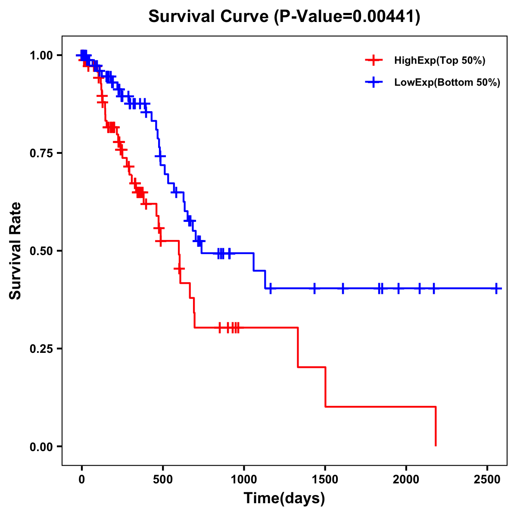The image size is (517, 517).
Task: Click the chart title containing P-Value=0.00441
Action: tap(284, 16)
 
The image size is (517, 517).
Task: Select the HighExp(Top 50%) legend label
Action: tap(439, 61)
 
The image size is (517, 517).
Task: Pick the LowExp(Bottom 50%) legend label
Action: tap(447, 83)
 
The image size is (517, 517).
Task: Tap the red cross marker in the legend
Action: tap(374, 60)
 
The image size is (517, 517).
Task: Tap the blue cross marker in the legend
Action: tap(374, 82)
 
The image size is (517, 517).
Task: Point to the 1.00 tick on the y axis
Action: tap(41, 56)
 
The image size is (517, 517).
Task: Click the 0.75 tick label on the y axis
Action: tap(41, 153)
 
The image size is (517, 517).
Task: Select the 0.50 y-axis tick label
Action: tap(41, 251)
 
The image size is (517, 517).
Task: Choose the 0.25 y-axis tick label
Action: tap(41, 349)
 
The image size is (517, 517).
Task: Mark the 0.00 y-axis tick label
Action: tap(41, 447)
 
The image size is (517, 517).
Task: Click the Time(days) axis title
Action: tap(284, 498)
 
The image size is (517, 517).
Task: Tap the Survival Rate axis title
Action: tap(16, 251)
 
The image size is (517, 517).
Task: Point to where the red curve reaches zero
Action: tap(436, 445)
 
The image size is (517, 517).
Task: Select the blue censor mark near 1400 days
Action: tap(315, 288)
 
